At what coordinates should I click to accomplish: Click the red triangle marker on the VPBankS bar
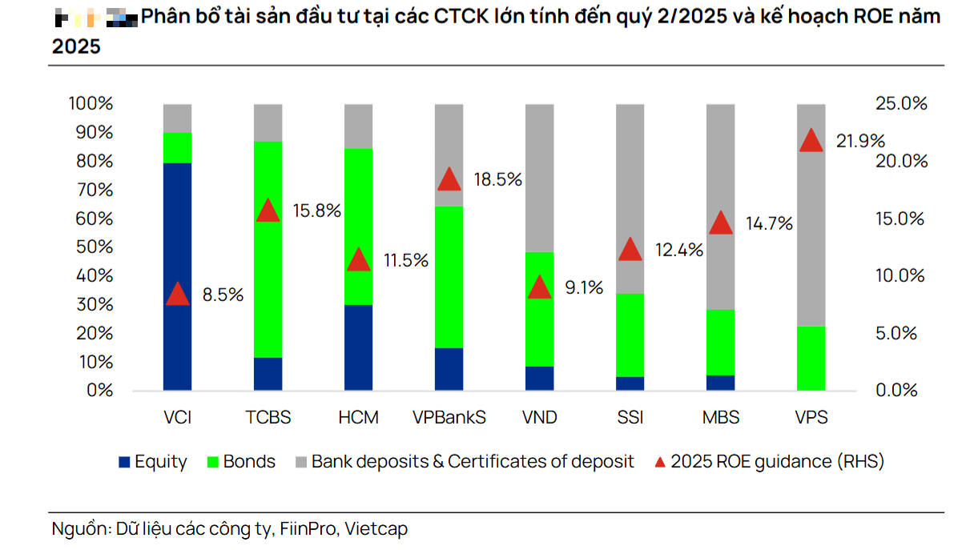[x=449, y=180]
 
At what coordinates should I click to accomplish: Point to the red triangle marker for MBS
[x=721, y=223]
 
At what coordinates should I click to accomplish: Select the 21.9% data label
[x=860, y=142]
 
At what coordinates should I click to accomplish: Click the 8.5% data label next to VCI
[x=223, y=295]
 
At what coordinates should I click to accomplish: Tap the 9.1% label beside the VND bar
[x=585, y=287]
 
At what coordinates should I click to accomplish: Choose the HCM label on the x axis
[x=358, y=418]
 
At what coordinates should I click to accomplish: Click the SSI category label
[x=630, y=418]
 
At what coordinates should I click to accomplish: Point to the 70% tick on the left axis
[x=91, y=190]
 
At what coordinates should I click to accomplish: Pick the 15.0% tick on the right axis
[x=900, y=219]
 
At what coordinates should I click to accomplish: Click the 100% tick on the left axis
[x=90, y=104]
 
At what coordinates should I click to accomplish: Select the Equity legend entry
[x=160, y=462]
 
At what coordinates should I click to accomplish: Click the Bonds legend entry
[x=248, y=462]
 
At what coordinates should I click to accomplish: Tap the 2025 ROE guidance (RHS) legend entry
[x=777, y=462]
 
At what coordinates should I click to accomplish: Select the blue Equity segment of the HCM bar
[x=358, y=347]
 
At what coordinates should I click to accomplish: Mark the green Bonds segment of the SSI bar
[x=630, y=335]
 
